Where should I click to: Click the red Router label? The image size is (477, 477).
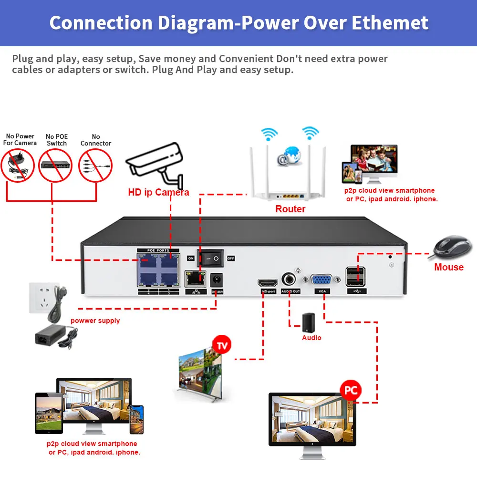coord(290,209)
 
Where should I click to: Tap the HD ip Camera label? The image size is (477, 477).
coord(158,193)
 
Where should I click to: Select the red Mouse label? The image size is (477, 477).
coord(448,267)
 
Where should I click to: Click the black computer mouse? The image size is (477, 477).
coord(452,247)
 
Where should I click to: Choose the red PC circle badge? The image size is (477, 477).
coord(351,391)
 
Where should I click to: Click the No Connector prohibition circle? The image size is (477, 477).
coord(95,165)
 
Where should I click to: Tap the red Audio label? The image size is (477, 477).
coord(311,338)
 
